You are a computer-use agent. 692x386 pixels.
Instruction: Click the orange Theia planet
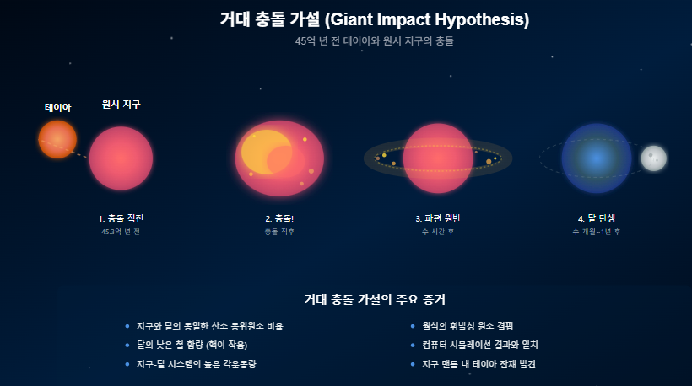[57, 139]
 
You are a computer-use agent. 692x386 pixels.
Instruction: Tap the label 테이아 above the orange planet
[57, 107]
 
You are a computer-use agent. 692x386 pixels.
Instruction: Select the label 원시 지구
[121, 105]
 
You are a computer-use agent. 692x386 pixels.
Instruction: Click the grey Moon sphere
[653, 158]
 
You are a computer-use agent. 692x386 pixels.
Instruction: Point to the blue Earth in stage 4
[596, 158]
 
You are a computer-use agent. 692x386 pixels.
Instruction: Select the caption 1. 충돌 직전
[121, 218]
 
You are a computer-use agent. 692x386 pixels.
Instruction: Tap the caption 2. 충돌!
[278, 218]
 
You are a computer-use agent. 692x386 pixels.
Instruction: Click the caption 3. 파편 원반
[437, 218]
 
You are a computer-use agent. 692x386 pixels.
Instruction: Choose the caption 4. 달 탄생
[596, 218]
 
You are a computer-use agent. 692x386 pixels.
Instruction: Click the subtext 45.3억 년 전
[121, 231]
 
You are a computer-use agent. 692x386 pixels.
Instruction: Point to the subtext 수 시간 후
[437, 231]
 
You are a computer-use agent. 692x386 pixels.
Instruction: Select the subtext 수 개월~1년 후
[596, 231]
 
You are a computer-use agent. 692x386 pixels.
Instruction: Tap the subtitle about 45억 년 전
[374, 41]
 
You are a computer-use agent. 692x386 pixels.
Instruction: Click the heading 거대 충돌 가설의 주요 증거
[374, 299]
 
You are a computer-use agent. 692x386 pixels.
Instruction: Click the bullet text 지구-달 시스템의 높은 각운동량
[196, 364]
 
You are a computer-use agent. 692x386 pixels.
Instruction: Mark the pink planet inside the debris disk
[437, 158]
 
